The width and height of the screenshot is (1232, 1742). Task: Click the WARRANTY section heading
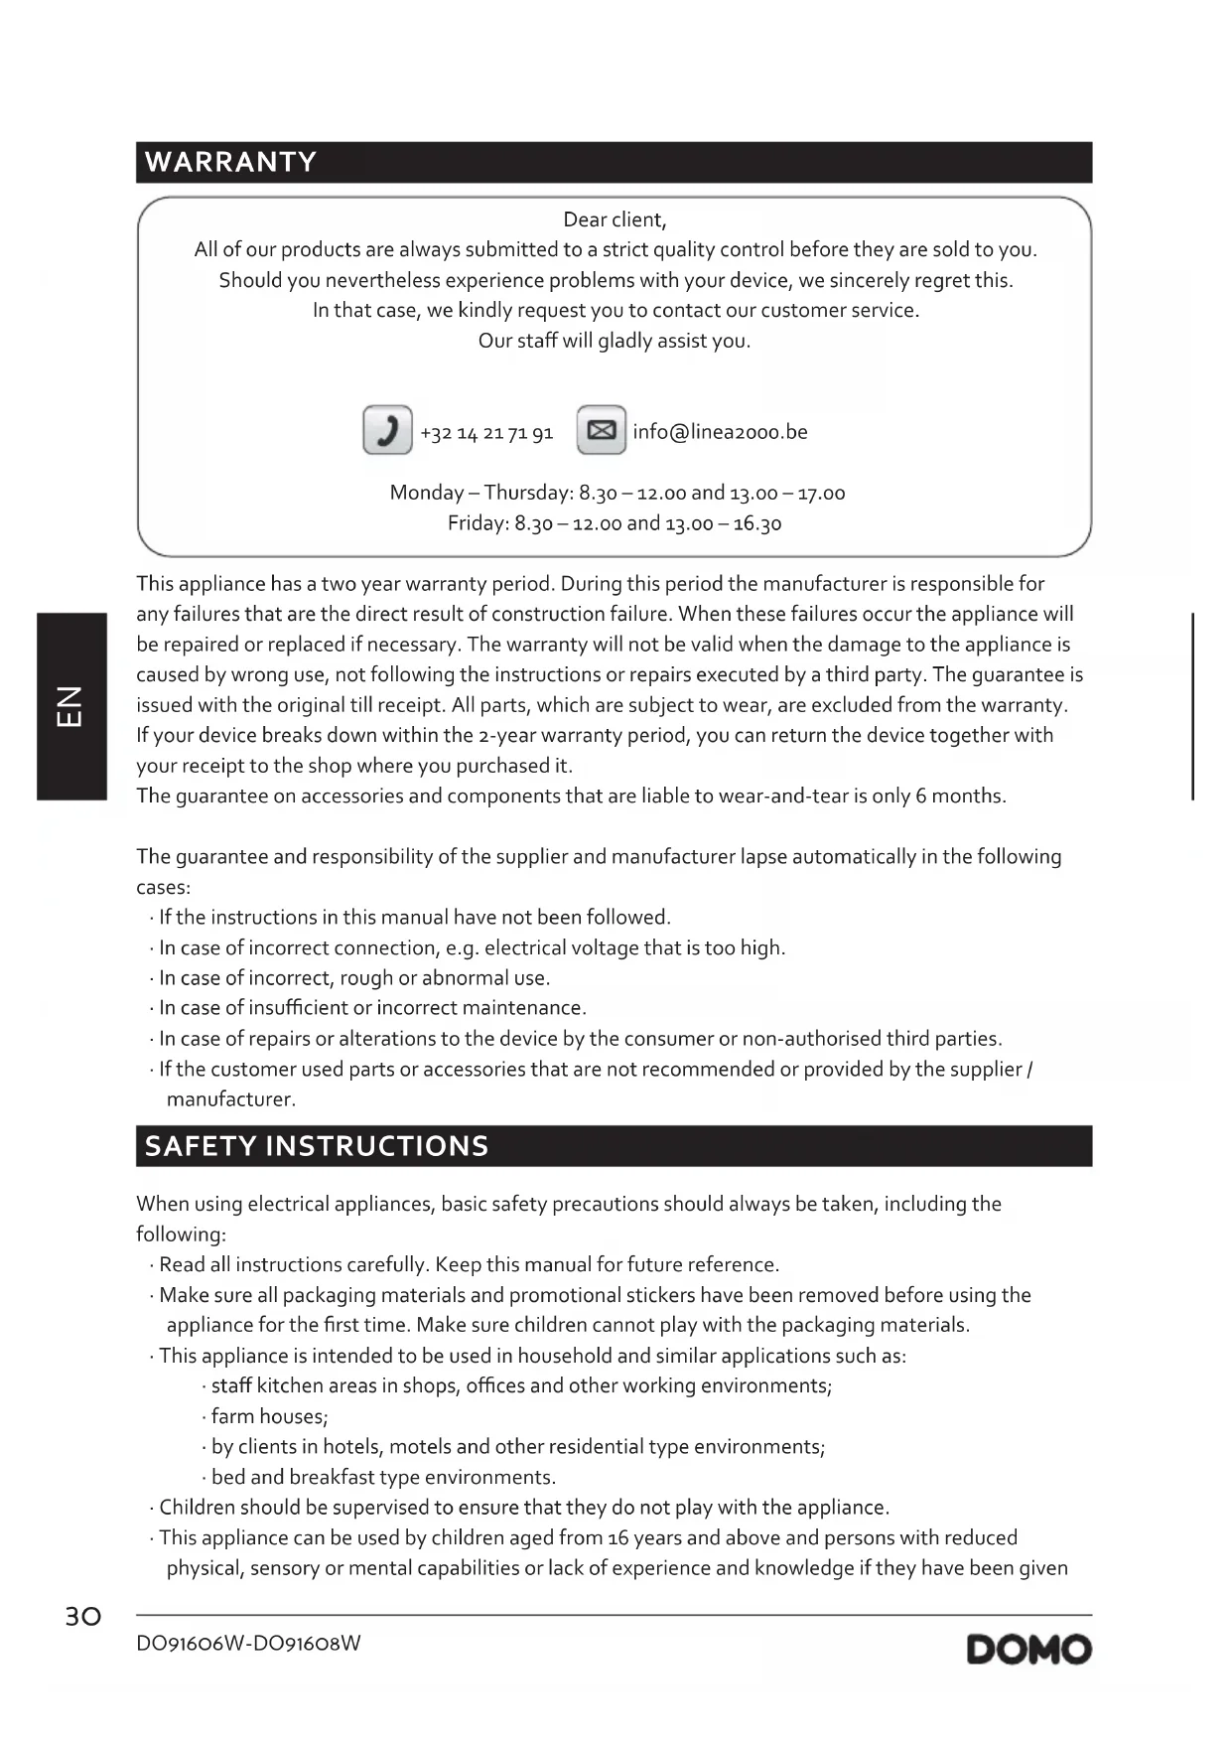point(230,162)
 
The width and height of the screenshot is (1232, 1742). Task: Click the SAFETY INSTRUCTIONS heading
point(317,1146)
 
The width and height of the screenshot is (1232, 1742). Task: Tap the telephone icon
point(387,430)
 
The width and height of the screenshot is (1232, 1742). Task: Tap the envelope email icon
point(601,430)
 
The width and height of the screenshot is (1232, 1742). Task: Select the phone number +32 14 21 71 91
point(486,433)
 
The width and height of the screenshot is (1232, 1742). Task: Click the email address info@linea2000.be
point(720,432)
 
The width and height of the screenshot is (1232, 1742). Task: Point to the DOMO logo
point(1028,1650)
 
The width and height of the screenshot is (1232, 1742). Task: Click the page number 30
point(83,1617)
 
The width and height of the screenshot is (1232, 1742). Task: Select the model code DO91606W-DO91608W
point(248,1644)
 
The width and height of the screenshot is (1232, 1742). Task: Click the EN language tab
point(71,706)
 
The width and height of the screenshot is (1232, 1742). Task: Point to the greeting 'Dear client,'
point(615,219)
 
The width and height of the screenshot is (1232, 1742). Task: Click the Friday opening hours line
point(615,523)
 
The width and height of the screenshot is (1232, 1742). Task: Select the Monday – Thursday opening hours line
point(616,493)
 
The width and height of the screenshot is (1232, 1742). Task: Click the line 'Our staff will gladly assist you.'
point(615,341)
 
